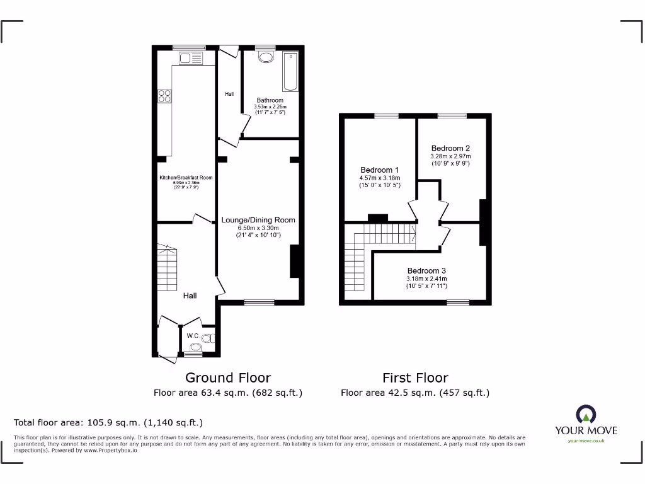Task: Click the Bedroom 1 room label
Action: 379,170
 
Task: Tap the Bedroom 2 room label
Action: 450,148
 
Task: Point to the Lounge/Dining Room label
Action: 258,220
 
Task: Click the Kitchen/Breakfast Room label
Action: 186,178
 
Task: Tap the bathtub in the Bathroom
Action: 290,71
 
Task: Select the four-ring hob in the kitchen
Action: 166,96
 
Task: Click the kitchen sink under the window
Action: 190,59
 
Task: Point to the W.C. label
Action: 193,335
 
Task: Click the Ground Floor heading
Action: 228,377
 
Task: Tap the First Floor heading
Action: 415,377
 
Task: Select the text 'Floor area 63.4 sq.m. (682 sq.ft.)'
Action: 228,393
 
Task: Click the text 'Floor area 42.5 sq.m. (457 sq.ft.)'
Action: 415,393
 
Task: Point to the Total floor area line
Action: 108,422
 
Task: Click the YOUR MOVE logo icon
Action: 585,415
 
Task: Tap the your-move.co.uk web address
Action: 586,441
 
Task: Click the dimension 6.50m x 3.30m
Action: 258,228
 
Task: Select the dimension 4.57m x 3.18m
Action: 379,178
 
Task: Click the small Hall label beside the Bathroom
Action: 229,94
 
